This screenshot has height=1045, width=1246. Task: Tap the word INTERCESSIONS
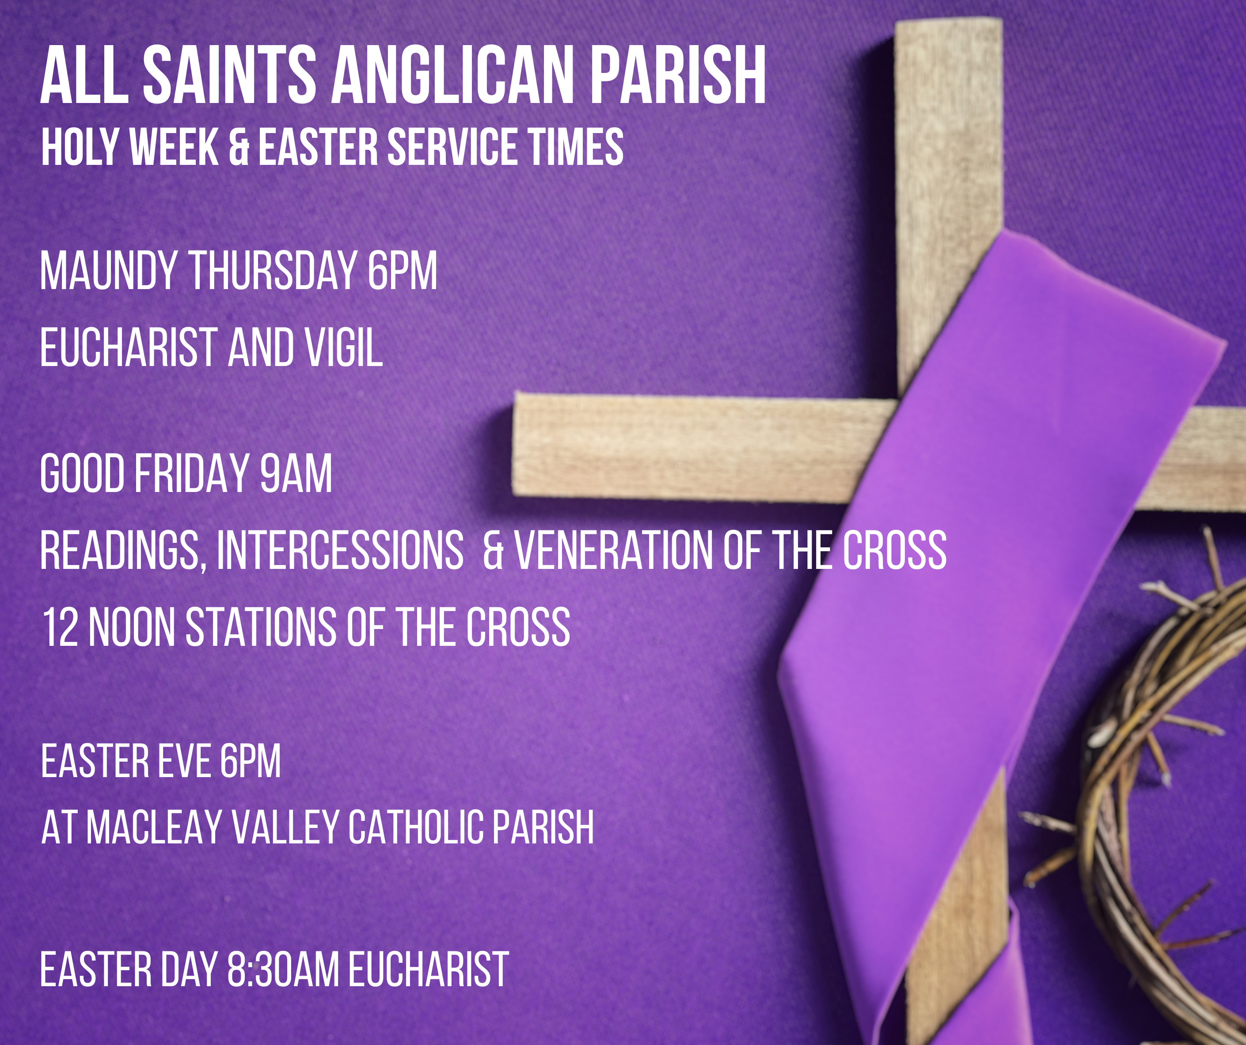(340, 551)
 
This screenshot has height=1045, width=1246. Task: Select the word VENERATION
(613, 551)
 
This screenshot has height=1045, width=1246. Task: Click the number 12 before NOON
(60, 627)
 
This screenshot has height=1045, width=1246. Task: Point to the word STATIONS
(261, 627)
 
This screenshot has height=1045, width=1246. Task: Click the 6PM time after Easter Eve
(251, 761)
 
